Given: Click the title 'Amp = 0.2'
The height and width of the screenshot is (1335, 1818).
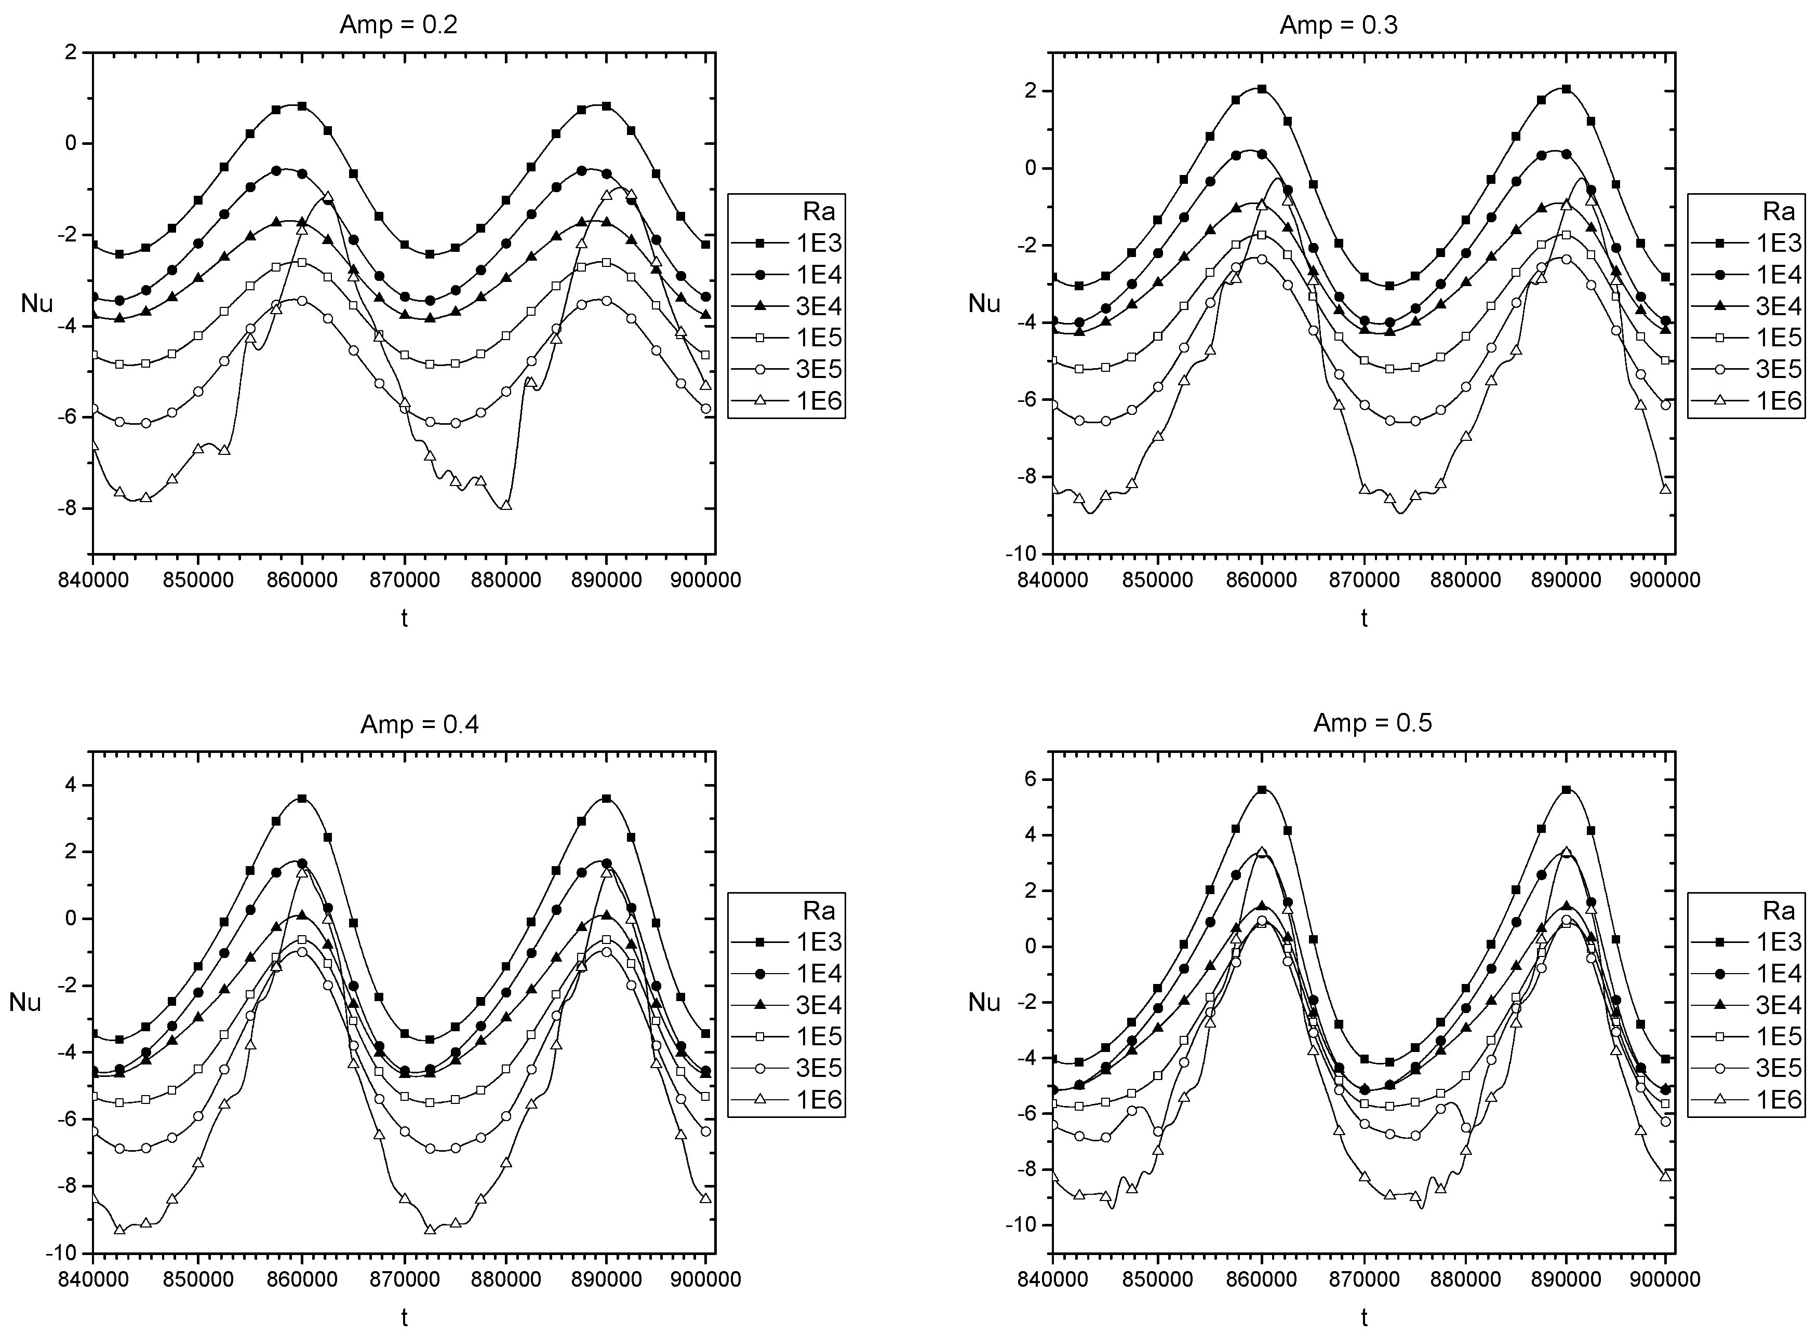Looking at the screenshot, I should tap(398, 24).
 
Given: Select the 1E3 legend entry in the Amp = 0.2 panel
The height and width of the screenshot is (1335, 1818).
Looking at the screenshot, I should tap(819, 243).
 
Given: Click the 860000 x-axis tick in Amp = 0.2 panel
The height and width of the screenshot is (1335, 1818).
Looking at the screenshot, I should tap(301, 579).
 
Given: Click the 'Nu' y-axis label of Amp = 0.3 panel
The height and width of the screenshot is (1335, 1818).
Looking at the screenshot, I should tap(984, 304).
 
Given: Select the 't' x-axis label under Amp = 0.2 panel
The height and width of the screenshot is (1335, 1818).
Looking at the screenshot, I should tap(404, 618).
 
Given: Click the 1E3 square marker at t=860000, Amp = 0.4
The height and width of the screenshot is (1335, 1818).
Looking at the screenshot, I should tap(301, 799).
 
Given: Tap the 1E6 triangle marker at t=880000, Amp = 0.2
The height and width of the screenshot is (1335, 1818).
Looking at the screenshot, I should tap(506, 505).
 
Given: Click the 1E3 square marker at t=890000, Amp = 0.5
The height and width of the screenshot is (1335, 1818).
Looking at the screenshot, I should tap(1566, 790).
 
